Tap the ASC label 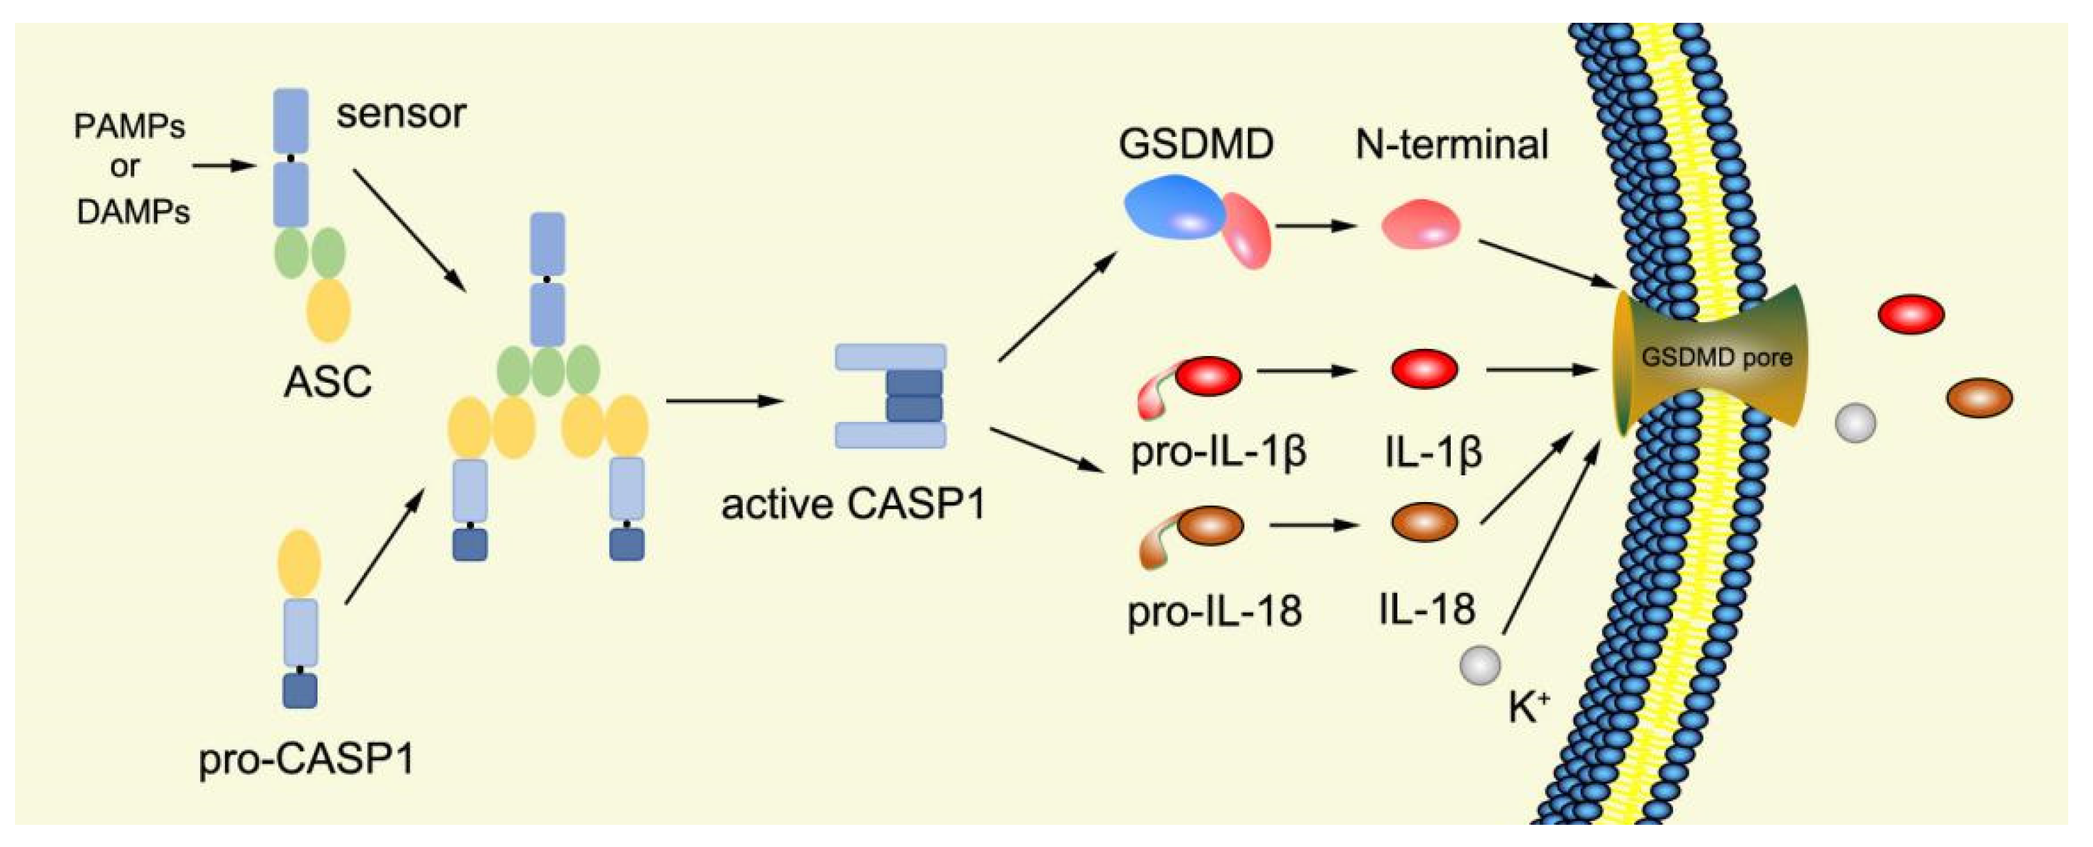tap(327, 381)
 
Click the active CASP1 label tap(853, 504)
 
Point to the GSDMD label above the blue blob tap(1195, 145)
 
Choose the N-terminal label tap(1452, 145)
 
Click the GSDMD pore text tap(1717, 358)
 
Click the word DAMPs tap(133, 212)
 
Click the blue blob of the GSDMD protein tap(1173, 208)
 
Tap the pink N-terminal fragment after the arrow tap(1421, 224)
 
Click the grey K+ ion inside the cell tap(1479, 666)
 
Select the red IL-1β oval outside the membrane tap(1911, 314)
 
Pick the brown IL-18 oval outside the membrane tap(1980, 398)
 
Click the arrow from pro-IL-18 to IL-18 tap(1313, 525)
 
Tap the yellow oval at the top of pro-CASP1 tap(299, 563)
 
